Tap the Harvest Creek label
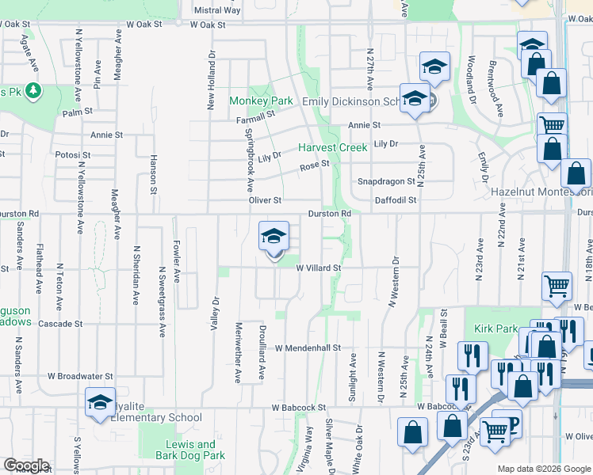tap(333, 148)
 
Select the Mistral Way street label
tap(217, 10)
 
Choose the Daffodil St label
tap(396, 200)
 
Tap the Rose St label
tap(314, 166)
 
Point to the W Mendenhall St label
tap(308, 348)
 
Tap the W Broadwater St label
tap(80, 376)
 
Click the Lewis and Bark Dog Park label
tap(190, 450)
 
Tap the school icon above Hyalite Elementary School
tap(100, 401)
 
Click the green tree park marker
tap(33, 92)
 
